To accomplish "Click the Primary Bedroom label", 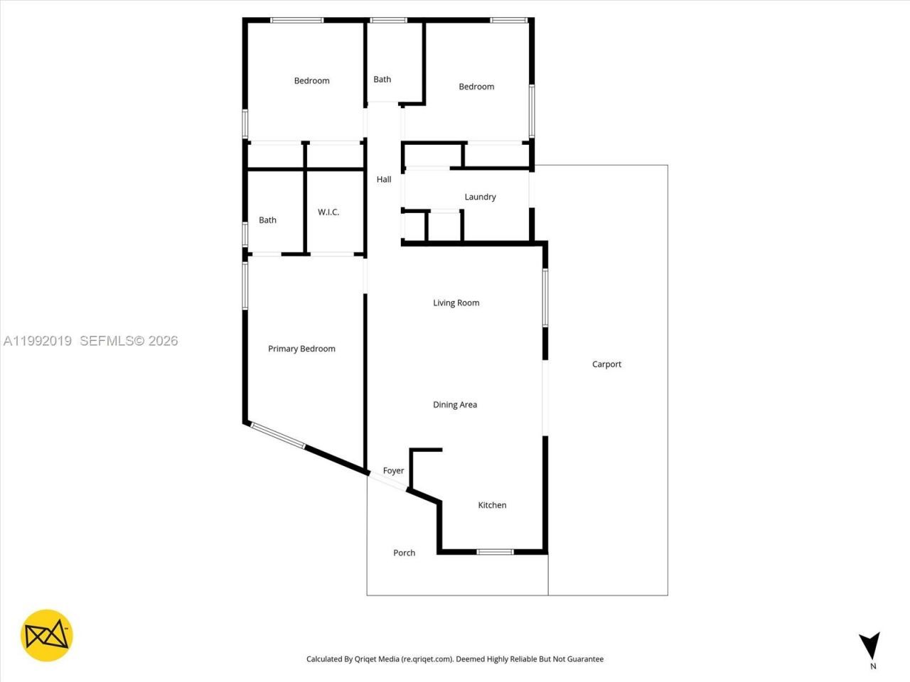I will (301, 349).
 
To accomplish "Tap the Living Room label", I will (456, 303).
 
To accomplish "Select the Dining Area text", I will (455, 405).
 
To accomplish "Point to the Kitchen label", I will (492, 505).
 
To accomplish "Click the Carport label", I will (606, 364).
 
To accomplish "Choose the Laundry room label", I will (480, 197).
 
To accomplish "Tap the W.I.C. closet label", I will (328, 212).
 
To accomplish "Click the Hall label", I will (384, 180).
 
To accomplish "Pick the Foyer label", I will (393, 470).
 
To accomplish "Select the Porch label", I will (404, 553).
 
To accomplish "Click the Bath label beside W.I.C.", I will (267, 220).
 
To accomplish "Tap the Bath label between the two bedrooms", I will (382, 80).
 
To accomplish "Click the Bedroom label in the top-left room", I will (311, 81).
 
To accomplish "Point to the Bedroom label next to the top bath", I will (476, 87).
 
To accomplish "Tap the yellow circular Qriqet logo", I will (47, 635).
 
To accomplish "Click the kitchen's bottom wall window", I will (495, 551).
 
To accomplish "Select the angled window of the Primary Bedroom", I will (278, 435).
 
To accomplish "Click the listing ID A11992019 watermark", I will (37, 341).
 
